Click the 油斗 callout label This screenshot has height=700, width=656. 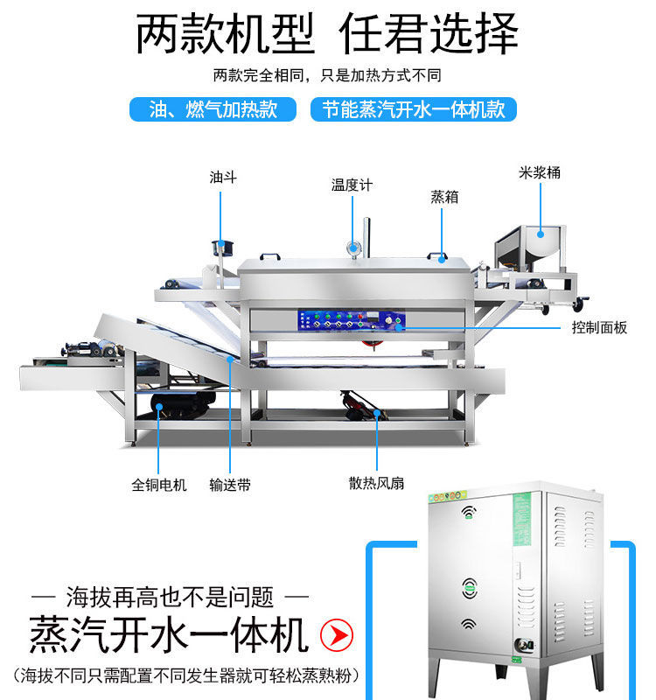[223, 178]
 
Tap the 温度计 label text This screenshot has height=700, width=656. [352, 185]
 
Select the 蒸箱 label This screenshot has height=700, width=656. [444, 197]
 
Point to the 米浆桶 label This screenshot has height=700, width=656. [540, 172]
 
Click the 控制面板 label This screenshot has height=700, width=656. [599, 327]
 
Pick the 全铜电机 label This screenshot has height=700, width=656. [159, 485]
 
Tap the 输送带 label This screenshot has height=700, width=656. [230, 485]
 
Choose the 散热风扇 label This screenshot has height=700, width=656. [376, 483]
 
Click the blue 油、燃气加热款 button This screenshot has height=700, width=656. [213, 109]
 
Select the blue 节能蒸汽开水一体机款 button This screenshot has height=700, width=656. [413, 109]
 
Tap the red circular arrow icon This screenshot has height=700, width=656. [337, 635]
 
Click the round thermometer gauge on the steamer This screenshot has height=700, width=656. [354, 248]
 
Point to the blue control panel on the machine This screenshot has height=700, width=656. [352, 321]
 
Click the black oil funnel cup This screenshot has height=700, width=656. [223, 248]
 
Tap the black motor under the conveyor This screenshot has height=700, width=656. [182, 403]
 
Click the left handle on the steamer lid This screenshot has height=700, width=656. [270, 256]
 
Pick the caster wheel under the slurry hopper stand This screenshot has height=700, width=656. [578, 304]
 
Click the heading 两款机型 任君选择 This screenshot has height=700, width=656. [327, 34]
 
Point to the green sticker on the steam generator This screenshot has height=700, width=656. [522, 519]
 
